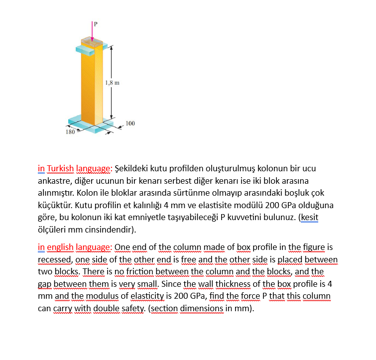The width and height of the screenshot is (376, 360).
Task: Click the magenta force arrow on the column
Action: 92,32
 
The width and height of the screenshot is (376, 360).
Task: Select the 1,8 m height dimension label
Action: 112,83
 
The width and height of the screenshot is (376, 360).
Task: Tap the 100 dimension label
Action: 130,123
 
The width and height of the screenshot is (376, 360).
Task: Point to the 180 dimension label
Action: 70,132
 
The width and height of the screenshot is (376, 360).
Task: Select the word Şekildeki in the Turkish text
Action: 134,168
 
